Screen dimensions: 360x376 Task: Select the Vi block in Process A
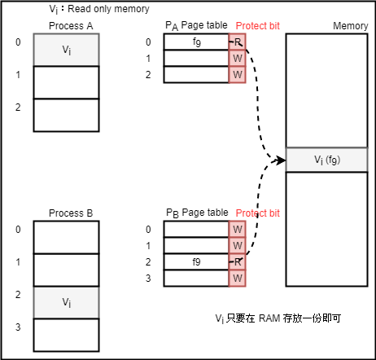[x=66, y=50]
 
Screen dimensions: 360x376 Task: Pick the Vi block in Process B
[x=66, y=301]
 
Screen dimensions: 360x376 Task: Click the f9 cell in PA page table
[x=196, y=42]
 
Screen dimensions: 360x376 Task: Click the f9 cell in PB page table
[x=196, y=261]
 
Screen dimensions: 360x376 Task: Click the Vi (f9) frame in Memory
[x=326, y=160]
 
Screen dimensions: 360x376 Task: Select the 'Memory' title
[x=350, y=27]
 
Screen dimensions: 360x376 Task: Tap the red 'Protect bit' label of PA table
[x=258, y=27]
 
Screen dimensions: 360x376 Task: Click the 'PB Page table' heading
[x=197, y=213]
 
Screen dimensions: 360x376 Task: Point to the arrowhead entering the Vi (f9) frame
[x=282, y=160]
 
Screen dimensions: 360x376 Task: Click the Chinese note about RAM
[x=278, y=318]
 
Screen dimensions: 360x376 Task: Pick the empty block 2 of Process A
[x=66, y=115]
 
